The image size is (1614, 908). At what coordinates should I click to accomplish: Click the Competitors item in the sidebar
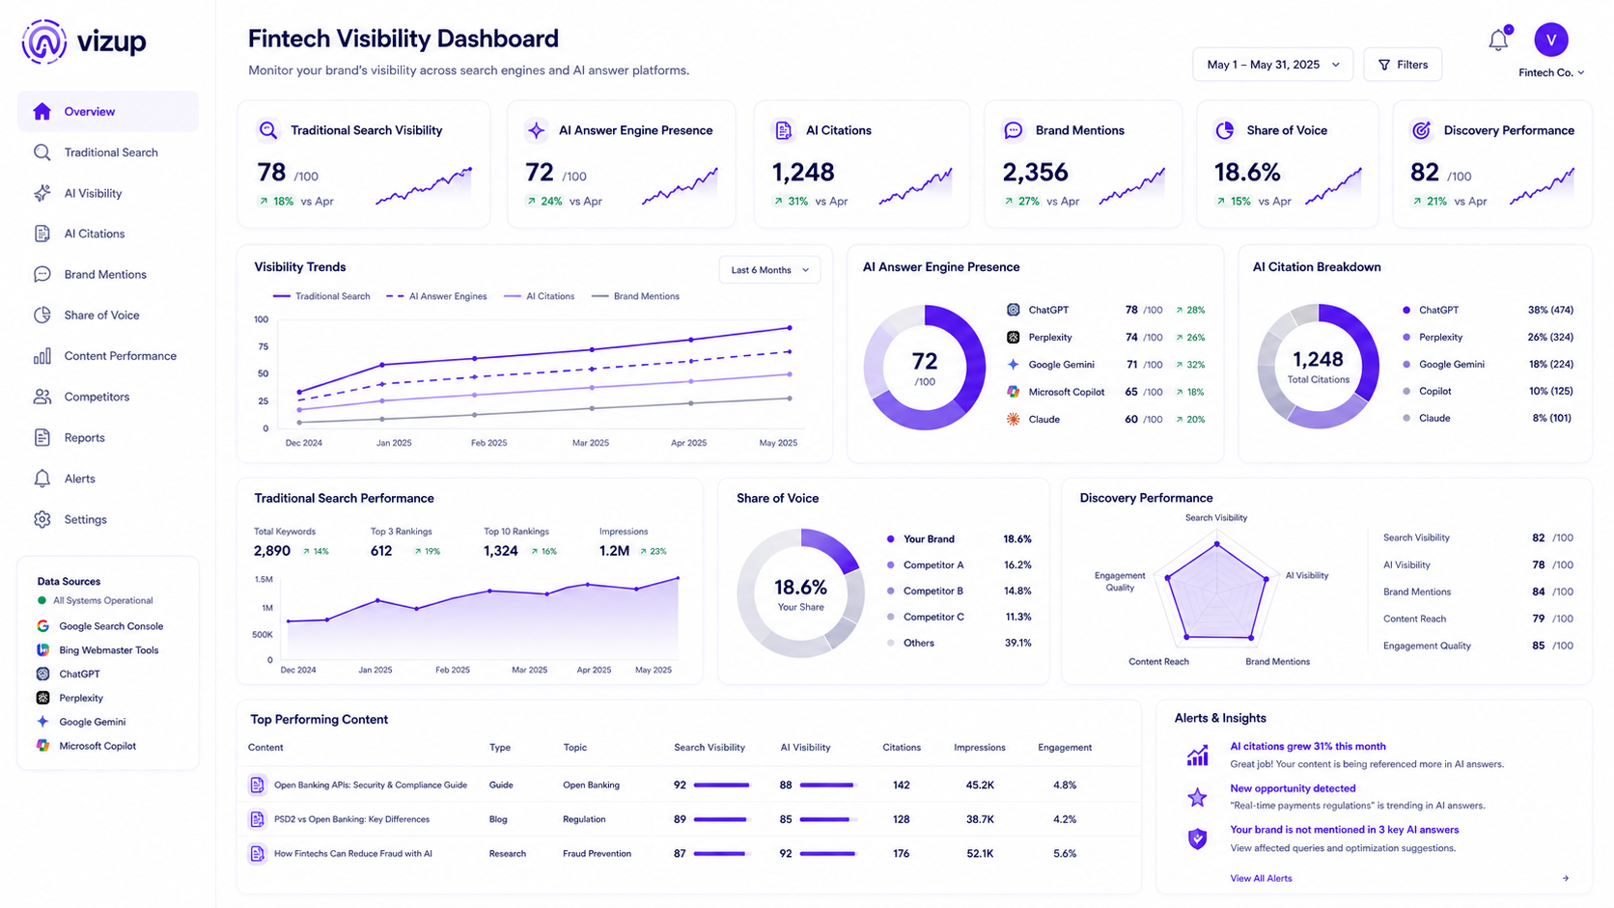[97, 397]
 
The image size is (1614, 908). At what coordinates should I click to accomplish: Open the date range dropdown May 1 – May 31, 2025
[1272, 65]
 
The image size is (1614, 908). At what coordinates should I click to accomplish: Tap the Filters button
[1403, 65]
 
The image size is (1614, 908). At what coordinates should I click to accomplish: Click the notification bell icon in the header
[1499, 40]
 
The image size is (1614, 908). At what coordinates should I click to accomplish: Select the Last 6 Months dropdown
[768, 270]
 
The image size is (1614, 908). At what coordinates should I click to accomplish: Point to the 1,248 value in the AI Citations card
[803, 172]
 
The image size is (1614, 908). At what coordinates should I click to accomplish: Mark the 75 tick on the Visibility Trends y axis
[263, 346]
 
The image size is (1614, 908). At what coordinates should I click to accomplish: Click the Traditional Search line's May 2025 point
[790, 328]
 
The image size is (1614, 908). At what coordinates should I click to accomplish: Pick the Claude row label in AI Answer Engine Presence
[1044, 419]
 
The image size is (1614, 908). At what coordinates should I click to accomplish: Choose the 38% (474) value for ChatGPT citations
[1550, 310]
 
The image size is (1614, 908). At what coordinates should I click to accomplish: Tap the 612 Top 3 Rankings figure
[381, 551]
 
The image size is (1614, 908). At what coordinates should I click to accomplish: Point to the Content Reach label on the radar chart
[1158, 661]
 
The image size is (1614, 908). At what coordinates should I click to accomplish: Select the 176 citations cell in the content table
[902, 853]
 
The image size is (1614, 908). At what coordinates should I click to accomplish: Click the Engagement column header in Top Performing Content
[1064, 748]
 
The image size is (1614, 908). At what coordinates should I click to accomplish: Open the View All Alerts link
[1261, 878]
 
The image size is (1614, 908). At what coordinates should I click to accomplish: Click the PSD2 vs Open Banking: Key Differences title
[351, 819]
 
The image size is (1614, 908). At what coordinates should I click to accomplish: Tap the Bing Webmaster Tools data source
[109, 650]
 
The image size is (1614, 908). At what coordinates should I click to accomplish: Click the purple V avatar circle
[1551, 40]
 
